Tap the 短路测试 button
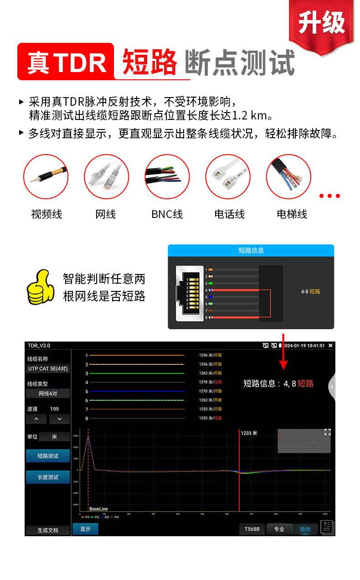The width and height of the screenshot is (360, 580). (48, 456)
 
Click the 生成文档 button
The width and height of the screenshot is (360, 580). (48, 530)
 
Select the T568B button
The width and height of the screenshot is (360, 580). (252, 529)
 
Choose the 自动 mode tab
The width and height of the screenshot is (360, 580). (305, 529)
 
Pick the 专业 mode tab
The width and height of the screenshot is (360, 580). (279, 529)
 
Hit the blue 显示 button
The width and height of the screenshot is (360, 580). (85, 529)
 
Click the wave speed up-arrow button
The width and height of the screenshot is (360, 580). (36, 419)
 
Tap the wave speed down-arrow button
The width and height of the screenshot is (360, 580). (59, 419)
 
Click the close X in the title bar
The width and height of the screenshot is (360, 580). (330, 346)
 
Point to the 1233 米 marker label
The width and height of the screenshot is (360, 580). (249, 433)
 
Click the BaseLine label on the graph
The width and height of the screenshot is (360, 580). (98, 508)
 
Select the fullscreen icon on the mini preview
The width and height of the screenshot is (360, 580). (327, 432)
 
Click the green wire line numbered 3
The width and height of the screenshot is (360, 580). (137, 373)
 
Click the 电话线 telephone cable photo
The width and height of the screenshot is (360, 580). (228, 176)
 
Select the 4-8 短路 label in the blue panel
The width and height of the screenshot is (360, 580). (310, 291)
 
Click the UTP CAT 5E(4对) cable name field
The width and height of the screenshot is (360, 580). (48, 368)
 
